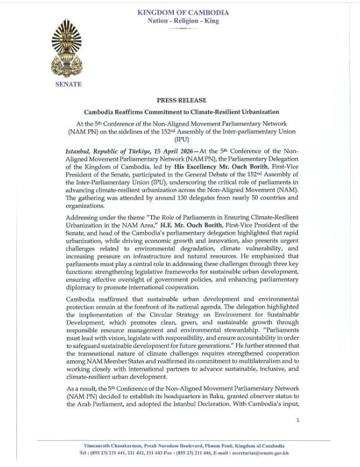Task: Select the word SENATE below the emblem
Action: click(68, 84)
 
